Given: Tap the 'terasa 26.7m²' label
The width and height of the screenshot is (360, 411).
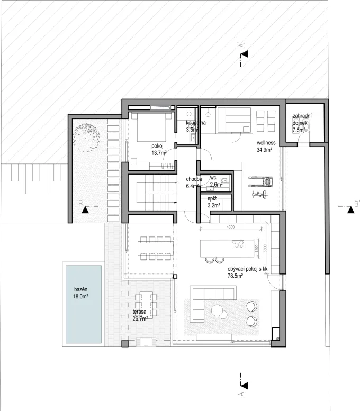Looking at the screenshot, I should [x=140, y=316].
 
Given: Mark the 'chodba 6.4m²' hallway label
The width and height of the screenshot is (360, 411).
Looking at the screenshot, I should [x=192, y=182].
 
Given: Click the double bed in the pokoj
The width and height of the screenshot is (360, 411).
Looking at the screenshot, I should [x=151, y=126].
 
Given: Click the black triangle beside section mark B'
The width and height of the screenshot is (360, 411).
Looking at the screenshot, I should [x=350, y=211].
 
